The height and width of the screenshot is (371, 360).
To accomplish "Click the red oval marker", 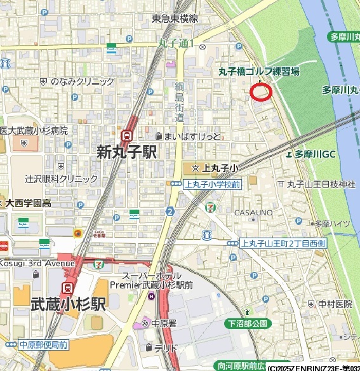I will [x=261, y=92].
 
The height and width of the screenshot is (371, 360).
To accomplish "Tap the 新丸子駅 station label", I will [x=127, y=152].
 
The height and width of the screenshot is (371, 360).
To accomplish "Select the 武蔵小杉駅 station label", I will [x=69, y=305].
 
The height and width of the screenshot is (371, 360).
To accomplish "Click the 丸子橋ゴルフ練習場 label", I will [x=259, y=72].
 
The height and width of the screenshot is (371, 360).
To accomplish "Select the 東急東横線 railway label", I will [x=175, y=18].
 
